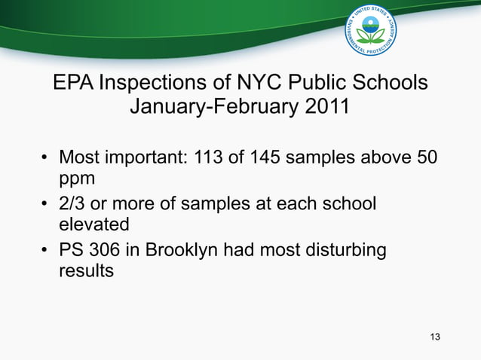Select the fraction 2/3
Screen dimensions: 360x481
tap(75, 203)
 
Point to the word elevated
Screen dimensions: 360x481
tap(94, 224)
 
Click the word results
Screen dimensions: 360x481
tap(86, 270)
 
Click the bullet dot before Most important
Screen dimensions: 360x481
tap(44, 160)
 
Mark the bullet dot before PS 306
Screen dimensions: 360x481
tap(44, 249)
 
